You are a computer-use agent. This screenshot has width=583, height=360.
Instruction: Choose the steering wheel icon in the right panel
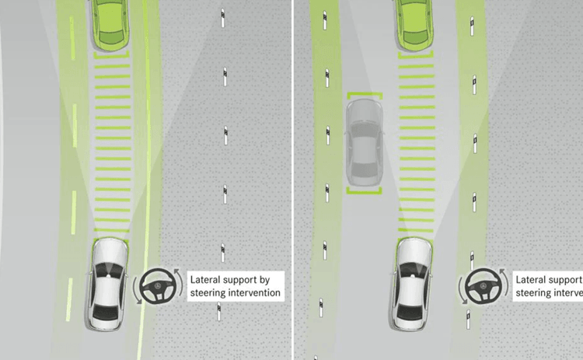pos(483,288)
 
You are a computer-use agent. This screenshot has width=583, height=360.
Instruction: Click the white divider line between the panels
pos(293,180)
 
